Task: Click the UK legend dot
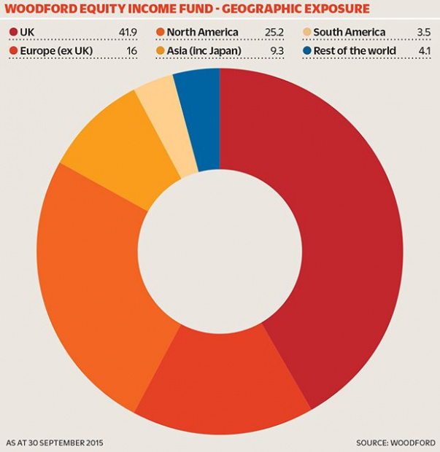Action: [14, 32]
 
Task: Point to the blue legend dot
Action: [307, 51]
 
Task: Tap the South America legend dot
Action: [307, 32]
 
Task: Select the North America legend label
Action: [203, 32]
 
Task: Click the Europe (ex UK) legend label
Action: [56, 51]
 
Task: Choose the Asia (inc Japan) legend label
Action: [204, 51]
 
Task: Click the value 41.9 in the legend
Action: [128, 32]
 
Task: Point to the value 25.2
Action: [274, 32]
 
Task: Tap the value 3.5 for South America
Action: [423, 32]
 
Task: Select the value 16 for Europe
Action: [132, 51]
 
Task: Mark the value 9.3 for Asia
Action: [277, 51]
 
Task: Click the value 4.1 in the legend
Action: [425, 51]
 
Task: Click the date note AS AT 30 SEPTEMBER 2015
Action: [55, 443]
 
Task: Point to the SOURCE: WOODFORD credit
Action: [396, 443]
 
